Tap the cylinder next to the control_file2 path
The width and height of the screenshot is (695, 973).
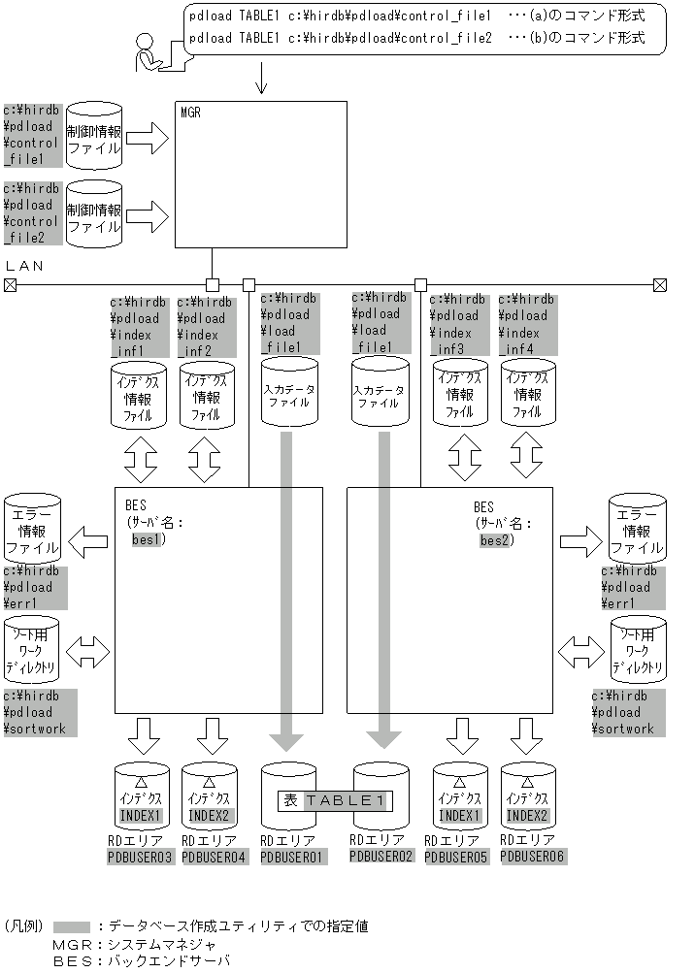point(94,216)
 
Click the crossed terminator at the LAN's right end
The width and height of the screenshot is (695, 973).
point(660,285)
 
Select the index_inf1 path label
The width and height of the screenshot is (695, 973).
point(139,326)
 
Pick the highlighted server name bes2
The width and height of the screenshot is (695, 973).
point(496,539)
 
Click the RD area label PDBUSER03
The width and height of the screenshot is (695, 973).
point(140,857)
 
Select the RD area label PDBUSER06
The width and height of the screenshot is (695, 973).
point(533,856)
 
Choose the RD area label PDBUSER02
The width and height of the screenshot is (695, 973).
point(381,856)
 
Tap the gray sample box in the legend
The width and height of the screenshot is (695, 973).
point(72,926)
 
